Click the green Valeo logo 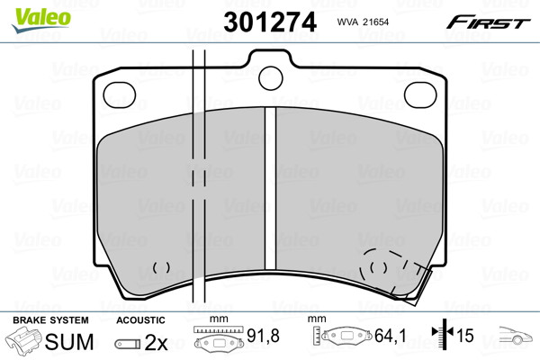point(41,20)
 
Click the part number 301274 point(270,22)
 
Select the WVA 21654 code point(363,22)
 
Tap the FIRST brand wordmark point(489,22)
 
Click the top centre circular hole point(270,78)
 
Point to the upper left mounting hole point(120,95)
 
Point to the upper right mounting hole point(420,95)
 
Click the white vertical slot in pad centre point(270,188)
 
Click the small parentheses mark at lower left point(161,267)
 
